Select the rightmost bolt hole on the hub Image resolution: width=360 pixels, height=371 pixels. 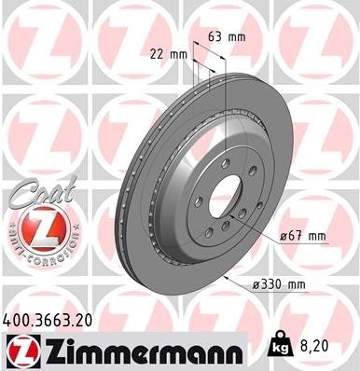point(243,216)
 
